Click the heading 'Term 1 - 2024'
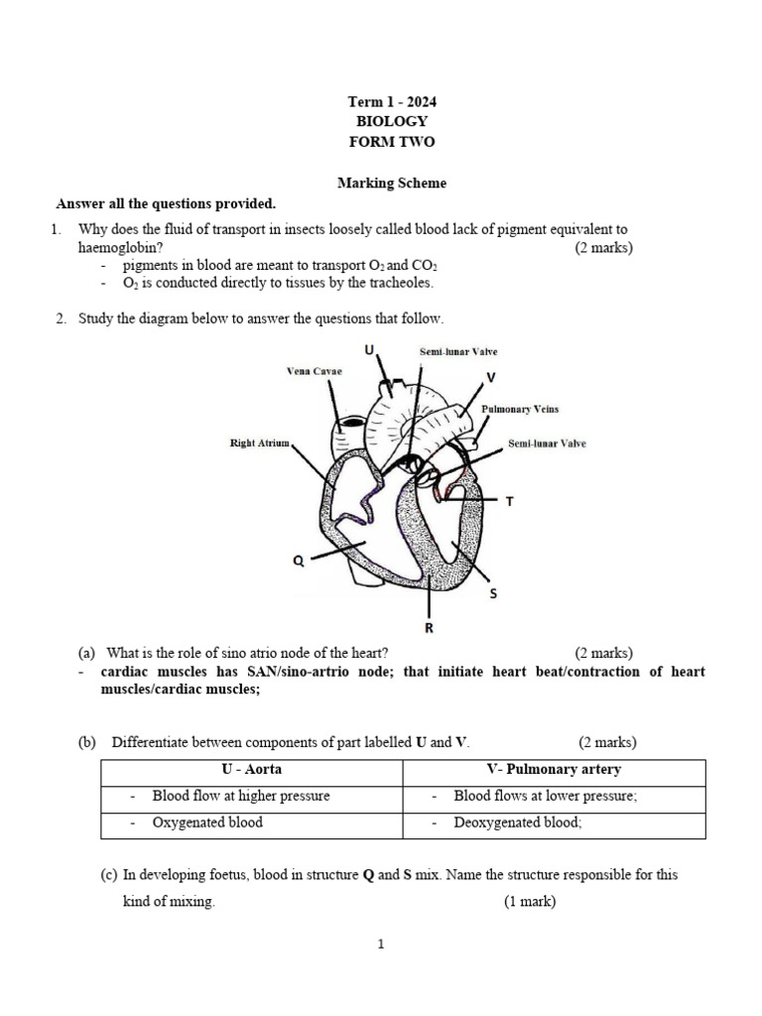coord(391,102)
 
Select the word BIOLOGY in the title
coord(391,122)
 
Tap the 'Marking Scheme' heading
coord(391,183)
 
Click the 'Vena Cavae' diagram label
coord(314,370)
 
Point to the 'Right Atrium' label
coord(259,444)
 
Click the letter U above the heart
coord(369,350)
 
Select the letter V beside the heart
coord(491,378)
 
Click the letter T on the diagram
coord(510,502)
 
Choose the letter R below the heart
coord(429,628)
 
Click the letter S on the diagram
coord(493,594)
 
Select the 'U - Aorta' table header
coord(251,770)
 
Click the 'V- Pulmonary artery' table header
coord(552,770)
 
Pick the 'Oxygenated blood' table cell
coord(207,823)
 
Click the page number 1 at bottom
coord(380,945)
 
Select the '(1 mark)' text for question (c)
coord(529,902)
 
